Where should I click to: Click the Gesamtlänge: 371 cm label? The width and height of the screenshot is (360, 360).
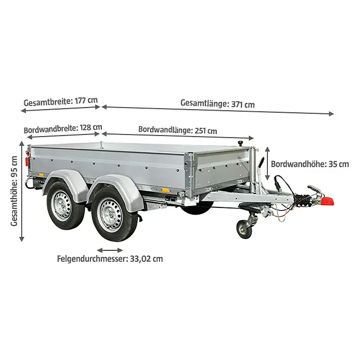(x=218, y=103)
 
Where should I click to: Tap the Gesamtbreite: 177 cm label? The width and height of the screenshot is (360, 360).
(x=61, y=101)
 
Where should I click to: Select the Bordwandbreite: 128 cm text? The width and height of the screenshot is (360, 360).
(x=63, y=129)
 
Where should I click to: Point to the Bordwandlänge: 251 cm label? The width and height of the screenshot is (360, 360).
(x=177, y=130)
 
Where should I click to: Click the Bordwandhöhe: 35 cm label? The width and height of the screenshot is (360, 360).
(x=310, y=164)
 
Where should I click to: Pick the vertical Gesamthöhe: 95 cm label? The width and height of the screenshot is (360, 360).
(x=14, y=191)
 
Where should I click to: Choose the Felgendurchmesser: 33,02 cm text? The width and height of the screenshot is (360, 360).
(x=110, y=259)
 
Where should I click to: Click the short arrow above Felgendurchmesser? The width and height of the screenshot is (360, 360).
(x=110, y=250)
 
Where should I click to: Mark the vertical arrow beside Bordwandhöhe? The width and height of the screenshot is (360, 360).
(x=267, y=163)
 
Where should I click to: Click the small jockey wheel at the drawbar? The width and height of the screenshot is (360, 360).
(x=244, y=230)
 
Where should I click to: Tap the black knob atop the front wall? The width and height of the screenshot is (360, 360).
(x=241, y=143)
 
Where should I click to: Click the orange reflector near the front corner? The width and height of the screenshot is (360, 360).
(x=166, y=190)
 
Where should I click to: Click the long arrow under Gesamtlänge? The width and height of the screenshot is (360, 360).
(x=218, y=110)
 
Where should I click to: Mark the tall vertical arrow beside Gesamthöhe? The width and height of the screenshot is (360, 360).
(x=22, y=191)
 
